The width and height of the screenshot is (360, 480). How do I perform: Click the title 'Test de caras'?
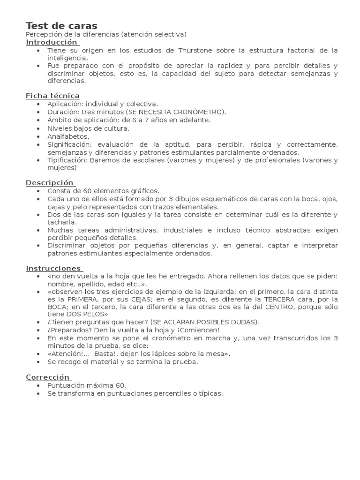tap(61, 25)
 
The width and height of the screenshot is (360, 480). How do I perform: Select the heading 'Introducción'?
tap(51, 42)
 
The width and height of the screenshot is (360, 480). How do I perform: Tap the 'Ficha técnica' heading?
tap(52, 96)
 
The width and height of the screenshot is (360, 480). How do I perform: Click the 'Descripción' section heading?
tap(50, 182)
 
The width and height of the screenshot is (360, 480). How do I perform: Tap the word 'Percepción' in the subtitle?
tap(43, 34)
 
